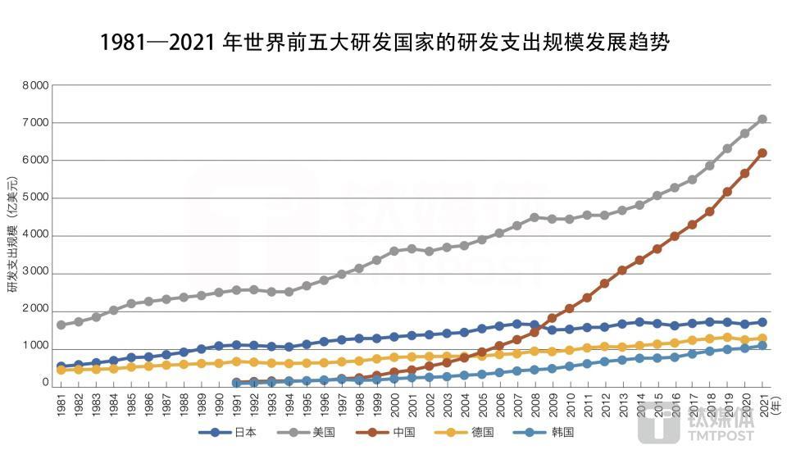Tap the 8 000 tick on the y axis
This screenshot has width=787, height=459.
(35, 85)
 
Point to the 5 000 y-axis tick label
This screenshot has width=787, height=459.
(35, 198)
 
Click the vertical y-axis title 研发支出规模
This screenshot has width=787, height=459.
(12, 234)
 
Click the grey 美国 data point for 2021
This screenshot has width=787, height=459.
(762, 119)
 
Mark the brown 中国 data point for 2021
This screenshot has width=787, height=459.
(762, 152)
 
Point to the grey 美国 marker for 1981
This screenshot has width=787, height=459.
(61, 325)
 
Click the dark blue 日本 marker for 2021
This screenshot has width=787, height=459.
(762, 322)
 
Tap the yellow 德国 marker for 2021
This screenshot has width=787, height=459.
(762, 338)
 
